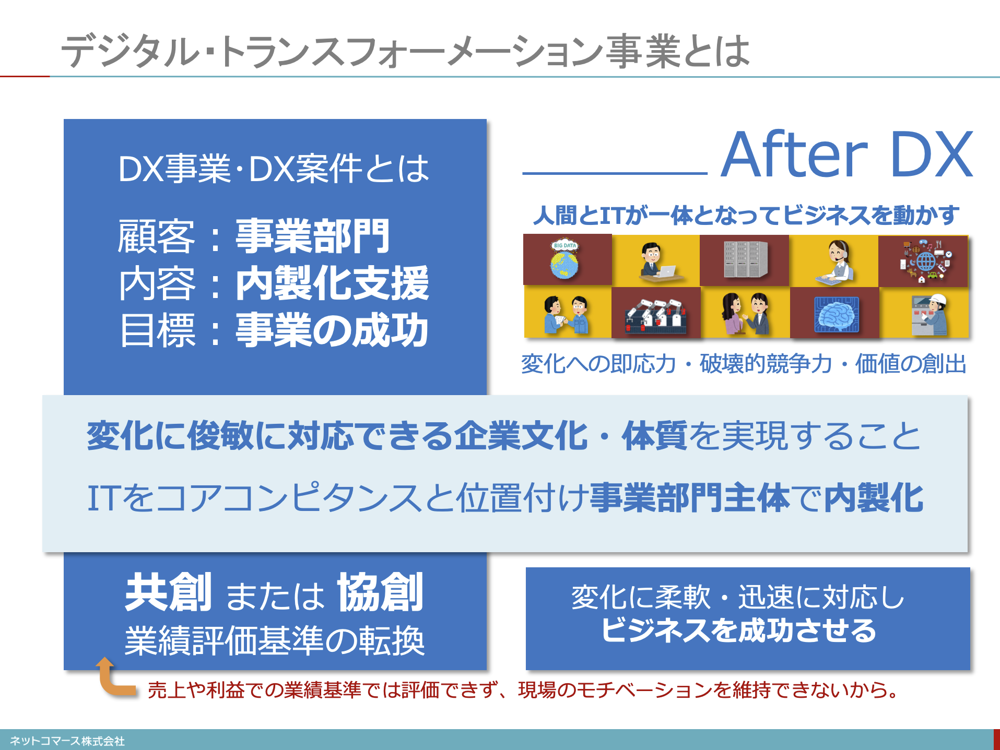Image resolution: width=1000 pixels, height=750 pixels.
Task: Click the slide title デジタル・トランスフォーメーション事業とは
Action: pos(405,51)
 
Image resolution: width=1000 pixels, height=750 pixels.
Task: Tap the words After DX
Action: pos(846,154)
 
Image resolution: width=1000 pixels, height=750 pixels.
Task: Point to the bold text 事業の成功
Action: pos(332,330)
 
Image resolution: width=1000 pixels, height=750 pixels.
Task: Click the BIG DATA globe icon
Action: pos(565,259)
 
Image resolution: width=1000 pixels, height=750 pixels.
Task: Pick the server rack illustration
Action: pos(746,259)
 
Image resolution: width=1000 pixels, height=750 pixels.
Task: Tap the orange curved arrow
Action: pos(111,678)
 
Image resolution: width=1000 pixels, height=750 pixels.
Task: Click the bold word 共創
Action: pos(169,592)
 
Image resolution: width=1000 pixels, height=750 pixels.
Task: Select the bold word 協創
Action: pos(380,592)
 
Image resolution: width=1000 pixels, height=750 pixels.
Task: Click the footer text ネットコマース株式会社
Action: pos(67,741)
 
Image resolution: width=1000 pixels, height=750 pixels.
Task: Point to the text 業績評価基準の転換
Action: pos(275,640)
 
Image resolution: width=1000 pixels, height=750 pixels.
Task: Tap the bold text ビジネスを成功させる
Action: pos(739,630)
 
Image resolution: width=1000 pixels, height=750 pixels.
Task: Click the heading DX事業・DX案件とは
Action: pos(274,169)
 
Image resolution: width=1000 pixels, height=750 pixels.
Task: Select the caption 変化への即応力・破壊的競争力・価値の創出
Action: pos(744,364)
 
